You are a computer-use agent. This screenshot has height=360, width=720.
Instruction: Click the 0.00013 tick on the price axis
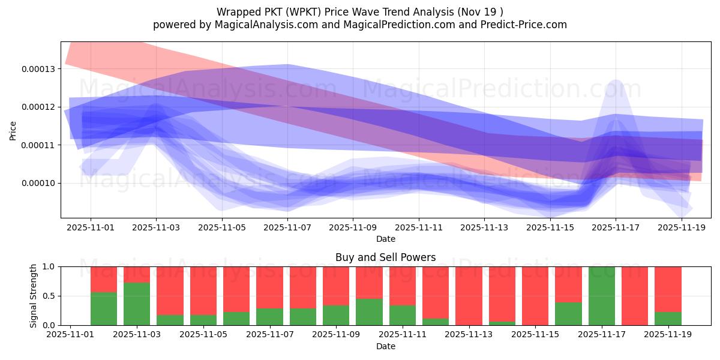[38, 69]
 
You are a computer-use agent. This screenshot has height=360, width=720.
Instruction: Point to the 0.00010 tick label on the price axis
[38, 183]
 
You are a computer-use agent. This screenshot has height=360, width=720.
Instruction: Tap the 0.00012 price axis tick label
[38, 107]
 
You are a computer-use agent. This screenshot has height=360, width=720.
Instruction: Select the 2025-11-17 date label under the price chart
[616, 228]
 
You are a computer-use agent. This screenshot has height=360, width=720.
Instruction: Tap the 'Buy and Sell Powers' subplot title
[385, 258]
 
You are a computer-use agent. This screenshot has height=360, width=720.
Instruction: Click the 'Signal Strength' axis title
[34, 296]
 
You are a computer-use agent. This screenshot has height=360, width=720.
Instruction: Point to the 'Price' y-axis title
[13, 130]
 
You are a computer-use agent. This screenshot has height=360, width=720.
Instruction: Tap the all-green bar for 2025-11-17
[602, 296]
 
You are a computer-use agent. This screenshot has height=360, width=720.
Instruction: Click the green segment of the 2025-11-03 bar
[137, 304]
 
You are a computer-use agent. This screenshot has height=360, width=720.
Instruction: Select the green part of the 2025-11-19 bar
[668, 319]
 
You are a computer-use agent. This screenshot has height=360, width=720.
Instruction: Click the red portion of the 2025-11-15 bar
[535, 296]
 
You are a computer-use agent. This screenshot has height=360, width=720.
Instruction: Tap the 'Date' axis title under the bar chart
[385, 346]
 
